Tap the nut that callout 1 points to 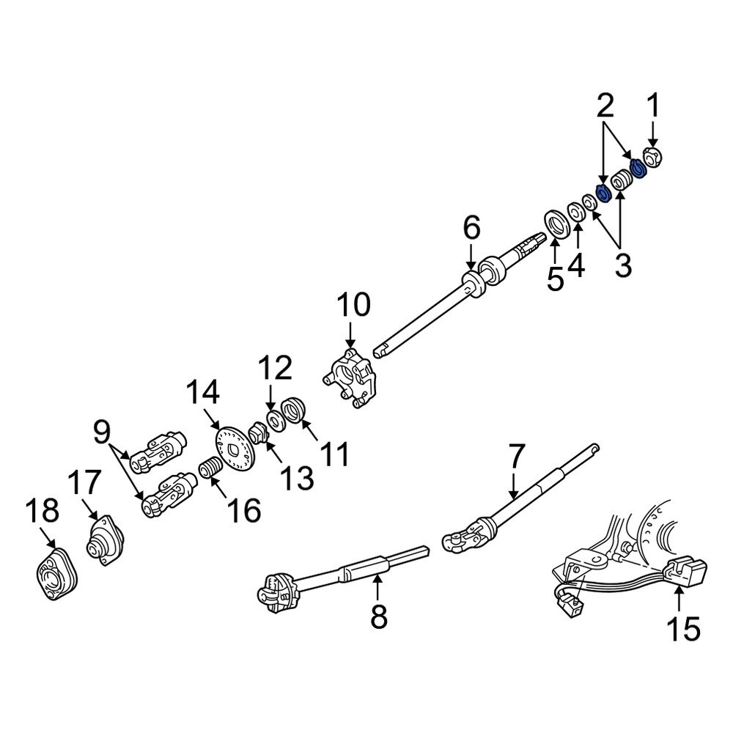[652, 158]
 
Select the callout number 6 [471, 229]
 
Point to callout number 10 [353, 305]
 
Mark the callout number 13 [299, 478]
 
